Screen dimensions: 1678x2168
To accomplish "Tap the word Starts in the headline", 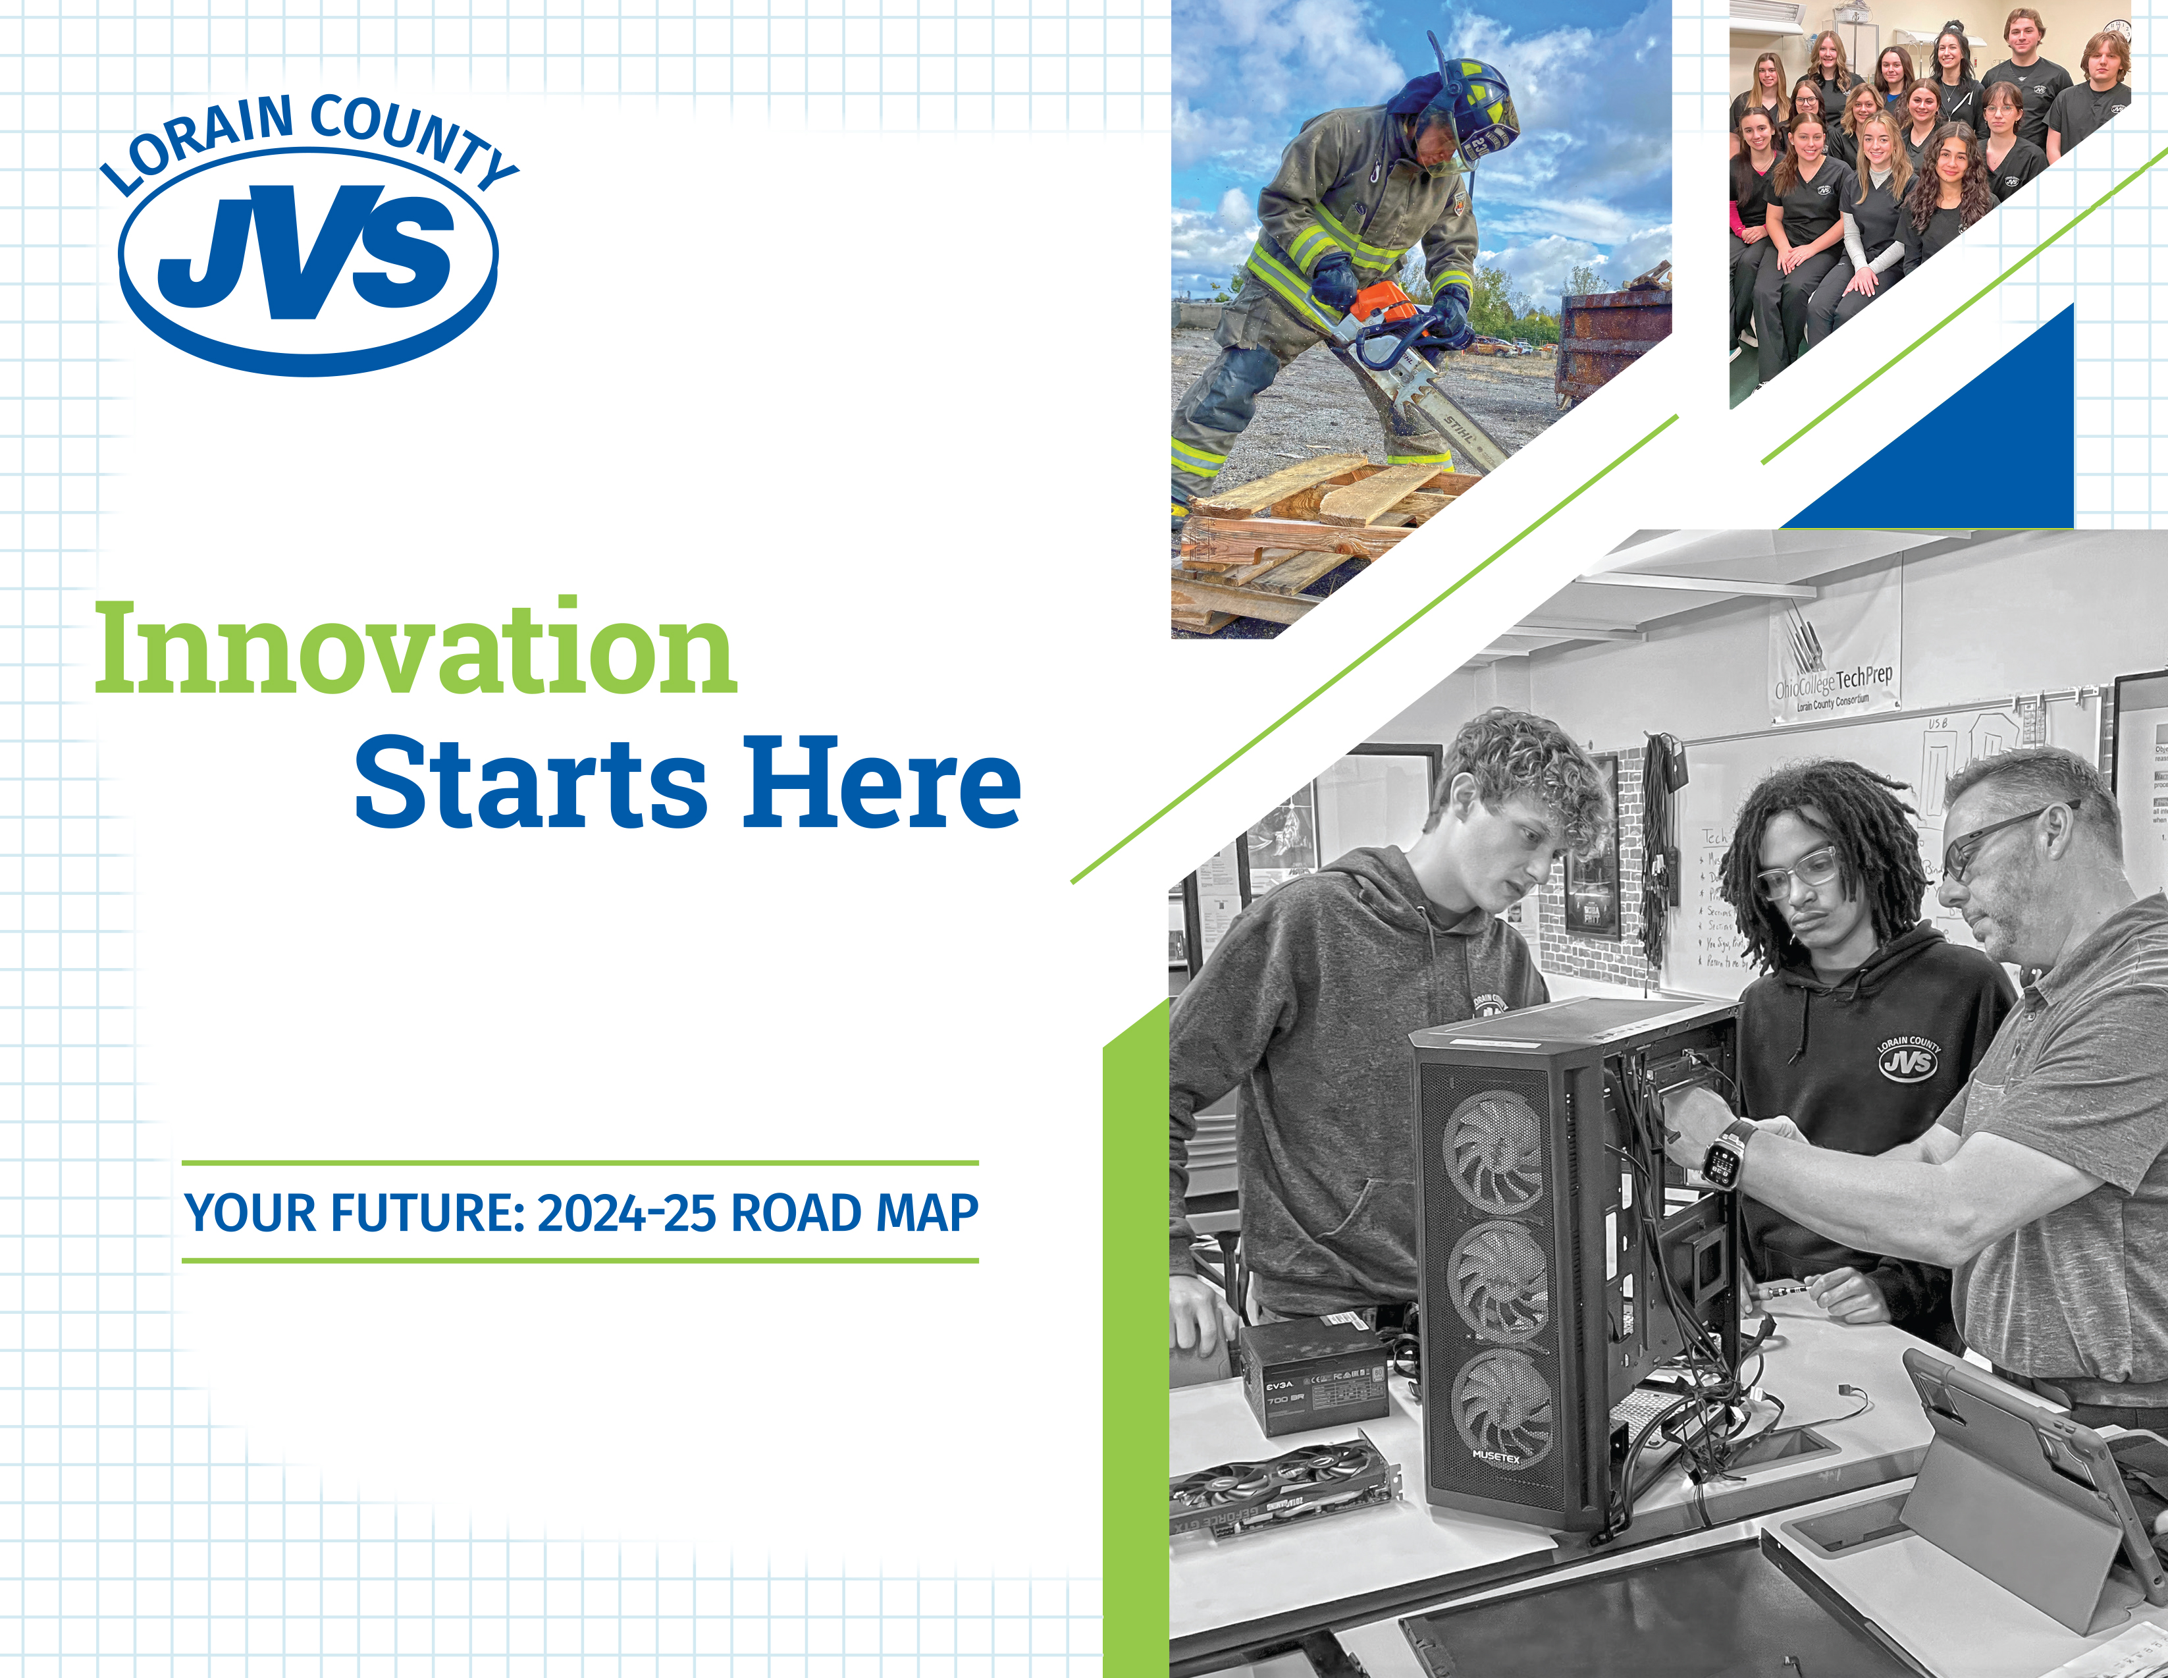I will [531, 784].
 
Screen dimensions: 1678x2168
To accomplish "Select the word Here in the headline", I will [882, 784].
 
